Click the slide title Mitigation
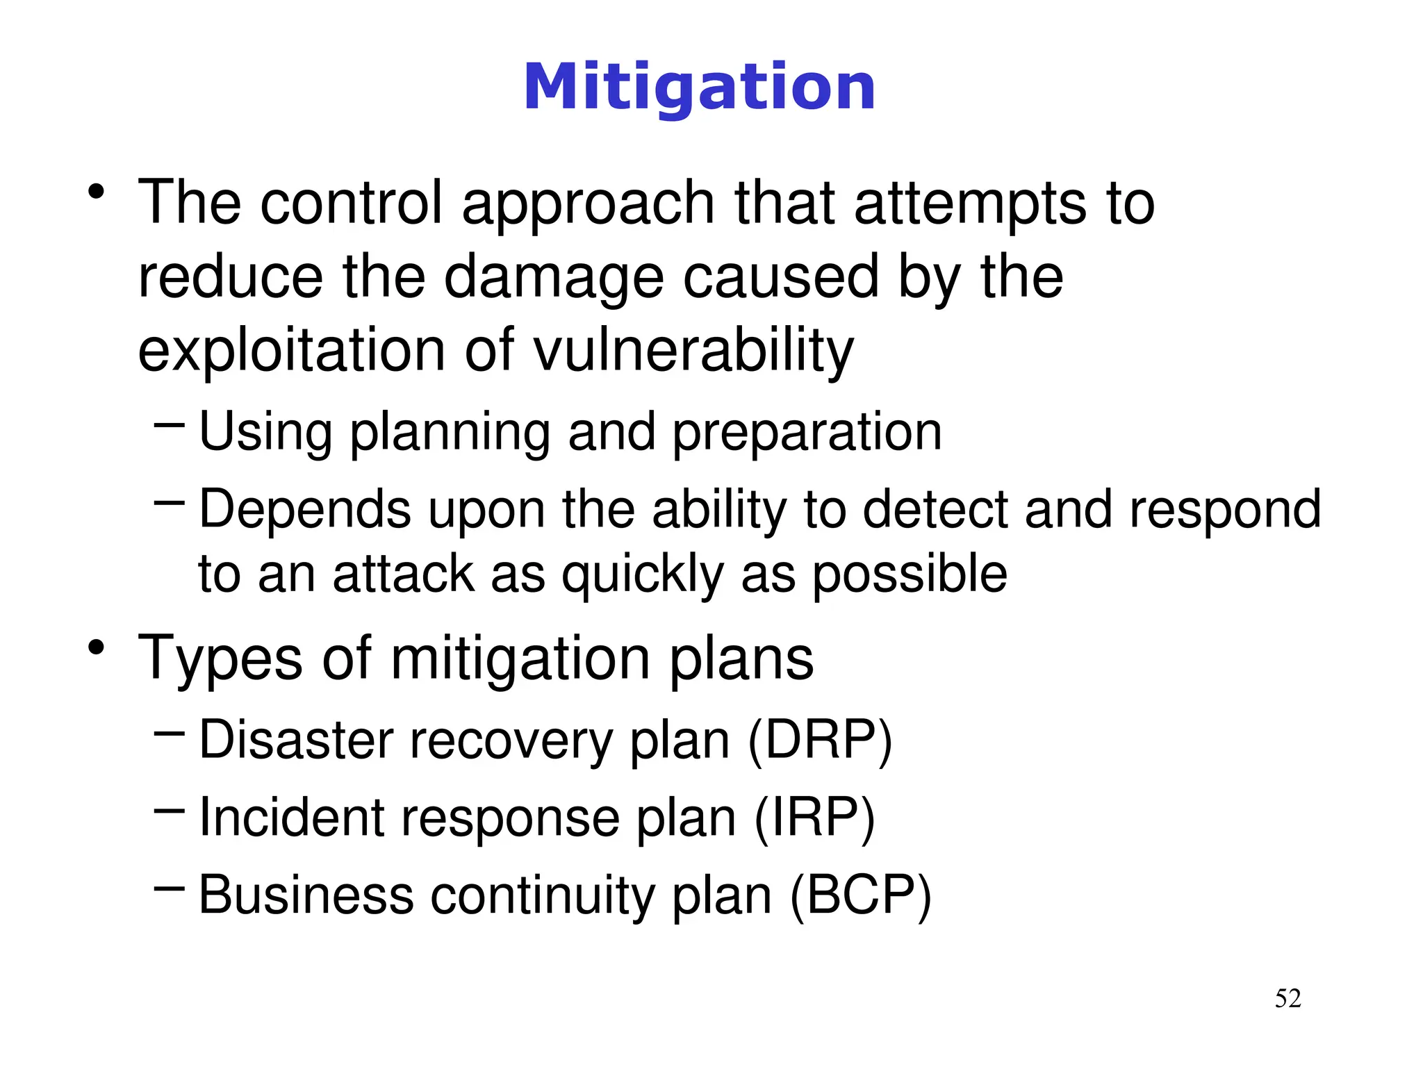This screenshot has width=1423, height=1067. click(699, 88)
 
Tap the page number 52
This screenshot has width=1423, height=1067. click(1288, 999)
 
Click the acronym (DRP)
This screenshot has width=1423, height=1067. click(820, 741)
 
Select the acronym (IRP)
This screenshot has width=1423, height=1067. click(814, 818)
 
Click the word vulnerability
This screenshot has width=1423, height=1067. click(693, 351)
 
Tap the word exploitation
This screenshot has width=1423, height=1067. click(291, 351)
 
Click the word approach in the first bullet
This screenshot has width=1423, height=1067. click(588, 204)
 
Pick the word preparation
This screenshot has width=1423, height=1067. click(807, 433)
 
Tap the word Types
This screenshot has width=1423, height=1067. click(220, 659)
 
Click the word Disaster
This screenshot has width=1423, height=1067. click(297, 741)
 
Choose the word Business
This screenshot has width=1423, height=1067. click(306, 896)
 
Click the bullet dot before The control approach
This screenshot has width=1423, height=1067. click(97, 192)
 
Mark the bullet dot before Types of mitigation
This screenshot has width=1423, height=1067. click(97, 647)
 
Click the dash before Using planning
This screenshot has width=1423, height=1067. click(169, 422)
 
